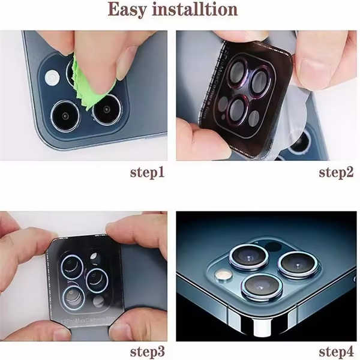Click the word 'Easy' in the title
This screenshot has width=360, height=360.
127,10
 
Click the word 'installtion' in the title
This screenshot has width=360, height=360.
194,9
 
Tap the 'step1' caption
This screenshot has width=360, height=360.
148,173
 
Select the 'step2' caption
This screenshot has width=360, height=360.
336,173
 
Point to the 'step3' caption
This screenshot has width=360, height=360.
148,352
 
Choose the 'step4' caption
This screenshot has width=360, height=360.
336,352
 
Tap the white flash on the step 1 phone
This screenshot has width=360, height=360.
52,77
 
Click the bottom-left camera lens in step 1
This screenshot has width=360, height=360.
65,115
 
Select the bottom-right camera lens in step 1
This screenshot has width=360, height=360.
106,110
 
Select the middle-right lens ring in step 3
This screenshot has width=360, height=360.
97,280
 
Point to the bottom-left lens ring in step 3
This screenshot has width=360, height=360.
73,297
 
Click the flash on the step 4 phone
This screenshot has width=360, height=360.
223,275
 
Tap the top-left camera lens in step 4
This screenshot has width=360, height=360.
249,256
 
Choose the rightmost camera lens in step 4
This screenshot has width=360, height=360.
298,265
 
